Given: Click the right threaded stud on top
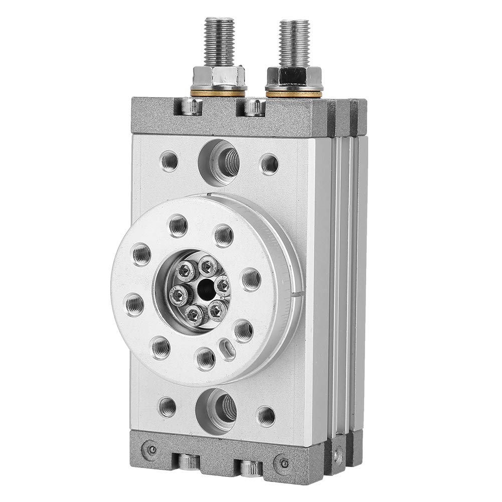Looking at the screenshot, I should pyautogui.click(x=294, y=43).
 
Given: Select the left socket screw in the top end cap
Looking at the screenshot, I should pyautogui.click(x=192, y=106).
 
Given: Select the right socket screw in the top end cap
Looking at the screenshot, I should pyautogui.click(x=254, y=106).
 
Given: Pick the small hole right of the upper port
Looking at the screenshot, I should pyautogui.click(x=269, y=163).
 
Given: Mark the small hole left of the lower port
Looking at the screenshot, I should pyautogui.click(x=167, y=406).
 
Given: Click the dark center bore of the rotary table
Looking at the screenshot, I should pyautogui.click(x=204, y=289).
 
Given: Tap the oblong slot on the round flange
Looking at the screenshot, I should pyautogui.click(x=227, y=349).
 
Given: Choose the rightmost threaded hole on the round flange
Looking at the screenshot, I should pyautogui.click(x=251, y=279).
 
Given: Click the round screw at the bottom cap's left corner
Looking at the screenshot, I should pyautogui.click(x=146, y=448).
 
